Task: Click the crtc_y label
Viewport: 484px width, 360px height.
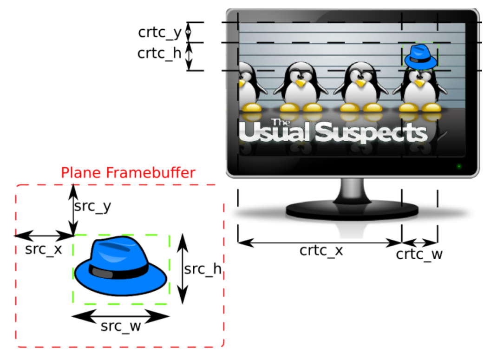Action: coord(159,33)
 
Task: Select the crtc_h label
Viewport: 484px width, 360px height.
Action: coord(159,53)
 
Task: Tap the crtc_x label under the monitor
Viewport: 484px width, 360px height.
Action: coord(321,251)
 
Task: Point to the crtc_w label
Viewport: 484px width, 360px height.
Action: coord(419,255)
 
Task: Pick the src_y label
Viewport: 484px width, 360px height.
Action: coord(92,207)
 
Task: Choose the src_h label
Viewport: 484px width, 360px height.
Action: coord(202,269)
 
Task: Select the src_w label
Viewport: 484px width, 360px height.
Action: coord(121,326)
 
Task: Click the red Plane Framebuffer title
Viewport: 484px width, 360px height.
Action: coord(128,173)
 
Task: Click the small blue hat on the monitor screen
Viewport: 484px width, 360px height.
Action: coord(421,57)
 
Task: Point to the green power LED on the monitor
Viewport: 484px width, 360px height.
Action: coord(459,166)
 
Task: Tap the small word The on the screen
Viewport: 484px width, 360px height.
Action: coord(280,122)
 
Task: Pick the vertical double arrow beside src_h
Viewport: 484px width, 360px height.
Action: coord(183,269)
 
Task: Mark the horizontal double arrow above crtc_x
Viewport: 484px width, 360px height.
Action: coord(319,242)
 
